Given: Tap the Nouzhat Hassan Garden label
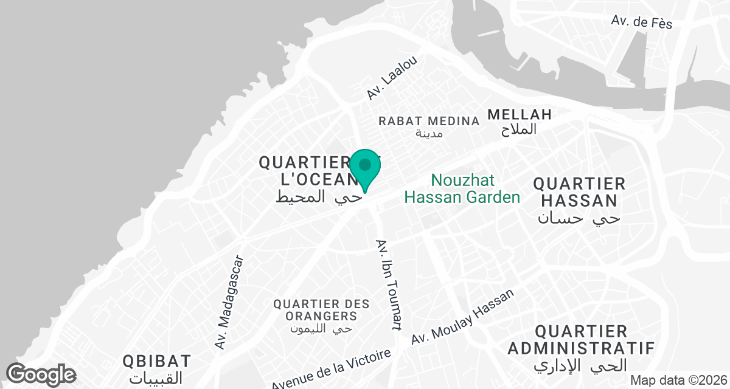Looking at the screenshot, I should [462, 188].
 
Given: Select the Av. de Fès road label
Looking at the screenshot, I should [642, 22].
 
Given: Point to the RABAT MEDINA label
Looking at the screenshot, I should [428, 120].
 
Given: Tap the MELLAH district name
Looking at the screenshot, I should [520, 114].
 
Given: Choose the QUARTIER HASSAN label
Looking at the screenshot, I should [579, 191].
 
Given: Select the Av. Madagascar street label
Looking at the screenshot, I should [229, 302].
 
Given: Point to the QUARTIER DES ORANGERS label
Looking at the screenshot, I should [315, 309].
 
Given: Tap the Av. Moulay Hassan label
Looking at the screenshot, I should [462, 317].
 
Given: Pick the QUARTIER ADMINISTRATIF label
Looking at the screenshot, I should [580, 340].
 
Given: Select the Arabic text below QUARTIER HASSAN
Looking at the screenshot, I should [579, 218].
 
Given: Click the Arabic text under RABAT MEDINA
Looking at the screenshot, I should [429, 133].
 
